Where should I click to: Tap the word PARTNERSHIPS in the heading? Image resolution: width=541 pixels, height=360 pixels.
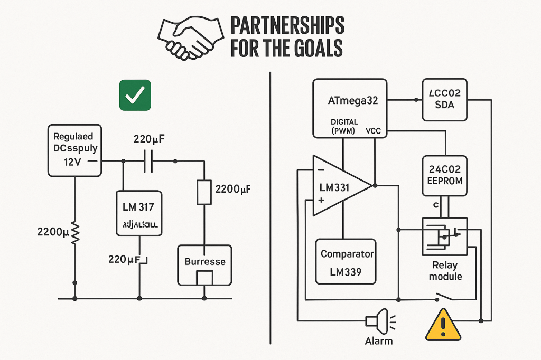coord(287,26)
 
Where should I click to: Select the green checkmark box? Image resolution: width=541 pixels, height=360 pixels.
coord(135,96)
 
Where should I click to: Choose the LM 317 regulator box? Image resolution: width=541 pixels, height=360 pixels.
coord(139,213)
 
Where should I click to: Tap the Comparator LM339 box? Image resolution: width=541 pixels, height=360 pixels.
coord(347,262)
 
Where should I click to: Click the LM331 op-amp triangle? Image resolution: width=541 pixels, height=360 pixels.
coord(341,186)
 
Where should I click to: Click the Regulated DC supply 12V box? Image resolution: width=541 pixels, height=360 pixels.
coord(73,150)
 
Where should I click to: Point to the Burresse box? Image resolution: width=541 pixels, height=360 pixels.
coord(204,265)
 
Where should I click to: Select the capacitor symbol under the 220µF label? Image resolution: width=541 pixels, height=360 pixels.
coord(148,162)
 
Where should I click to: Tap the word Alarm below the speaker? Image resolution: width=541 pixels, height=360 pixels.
coord(379,340)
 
